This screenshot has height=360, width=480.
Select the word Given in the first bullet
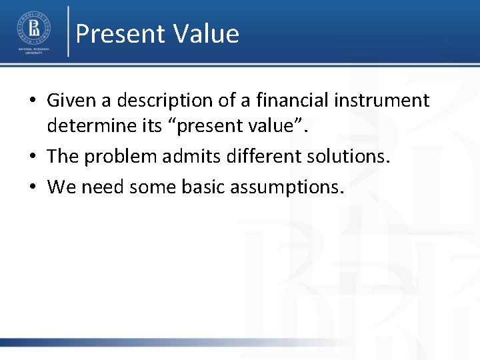coord(71,101)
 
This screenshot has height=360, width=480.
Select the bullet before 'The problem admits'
coord(32,157)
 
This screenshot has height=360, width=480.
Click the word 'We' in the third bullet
coord(62,187)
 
